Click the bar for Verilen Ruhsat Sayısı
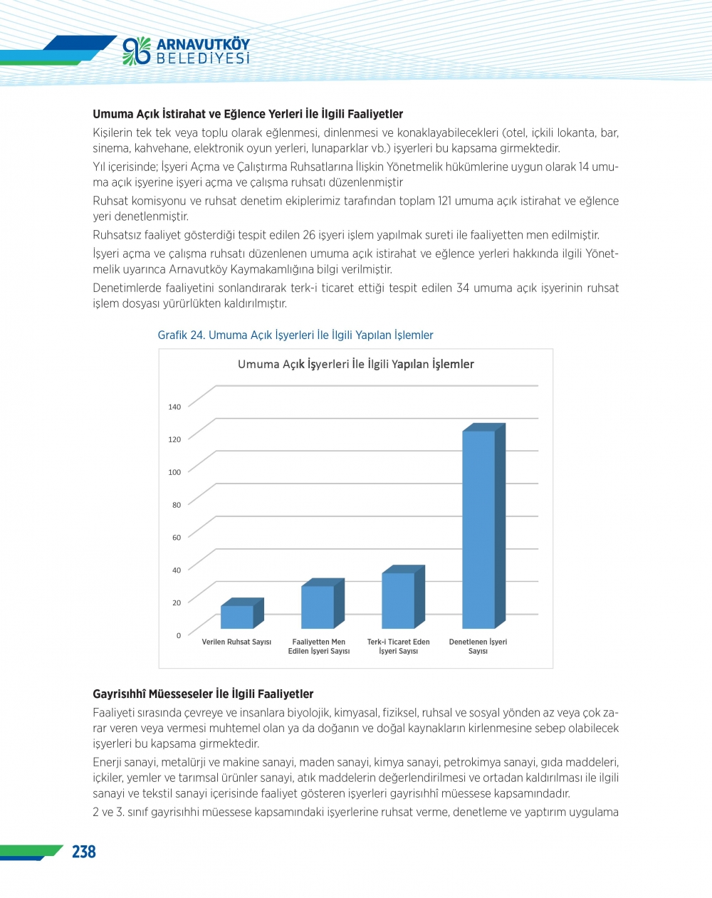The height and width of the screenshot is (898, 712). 237,617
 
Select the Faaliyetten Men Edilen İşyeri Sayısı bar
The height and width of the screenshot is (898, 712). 318,607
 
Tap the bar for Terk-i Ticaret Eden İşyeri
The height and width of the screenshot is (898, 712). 398,600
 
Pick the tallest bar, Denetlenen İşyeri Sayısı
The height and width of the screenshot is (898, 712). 478,529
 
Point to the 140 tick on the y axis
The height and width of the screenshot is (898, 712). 174,407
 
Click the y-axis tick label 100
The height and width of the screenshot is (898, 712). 174,472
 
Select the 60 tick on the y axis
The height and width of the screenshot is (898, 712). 176,538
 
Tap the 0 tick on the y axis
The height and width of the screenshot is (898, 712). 179,635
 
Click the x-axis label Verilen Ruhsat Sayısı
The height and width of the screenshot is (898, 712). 236,642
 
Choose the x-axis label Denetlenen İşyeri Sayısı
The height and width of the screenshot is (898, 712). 478,647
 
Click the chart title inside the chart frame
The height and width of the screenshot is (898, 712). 355,365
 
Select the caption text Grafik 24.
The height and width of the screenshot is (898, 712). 181,335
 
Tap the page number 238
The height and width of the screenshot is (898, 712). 84,852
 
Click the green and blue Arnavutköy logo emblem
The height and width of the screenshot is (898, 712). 137,51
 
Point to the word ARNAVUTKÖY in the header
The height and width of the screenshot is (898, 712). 203,44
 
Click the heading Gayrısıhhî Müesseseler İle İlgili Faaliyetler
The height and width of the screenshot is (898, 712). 203,694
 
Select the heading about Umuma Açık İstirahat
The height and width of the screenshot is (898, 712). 248,114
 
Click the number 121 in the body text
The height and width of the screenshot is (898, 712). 445,201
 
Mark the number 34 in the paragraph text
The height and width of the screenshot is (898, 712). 463,288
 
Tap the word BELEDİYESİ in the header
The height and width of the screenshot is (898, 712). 203,59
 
